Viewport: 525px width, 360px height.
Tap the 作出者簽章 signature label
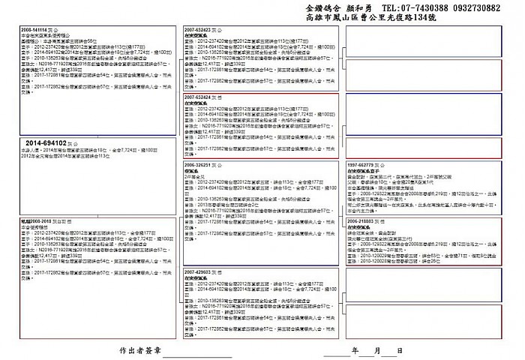(140, 350)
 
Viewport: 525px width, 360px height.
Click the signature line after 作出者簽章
(191, 354)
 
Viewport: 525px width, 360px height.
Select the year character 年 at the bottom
(355, 350)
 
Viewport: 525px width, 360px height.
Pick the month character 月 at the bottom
(377, 350)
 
